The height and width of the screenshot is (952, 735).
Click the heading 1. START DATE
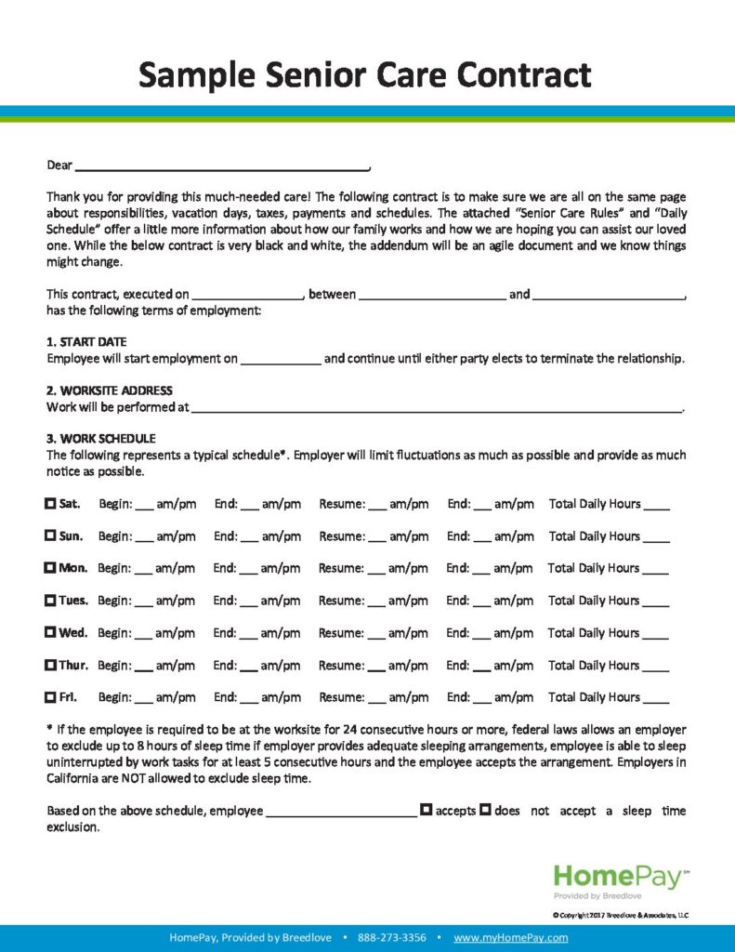tap(86, 342)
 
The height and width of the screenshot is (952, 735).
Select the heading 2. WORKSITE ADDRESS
tap(110, 390)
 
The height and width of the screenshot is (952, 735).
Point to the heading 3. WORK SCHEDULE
tap(101, 439)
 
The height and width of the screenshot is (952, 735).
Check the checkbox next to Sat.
tap(50, 504)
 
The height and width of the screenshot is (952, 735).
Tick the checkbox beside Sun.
tap(50, 536)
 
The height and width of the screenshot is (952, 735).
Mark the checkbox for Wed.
tap(50, 633)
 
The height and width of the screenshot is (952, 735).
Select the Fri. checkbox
tap(50, 697)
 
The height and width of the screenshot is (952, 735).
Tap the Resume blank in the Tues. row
tap(376, 602)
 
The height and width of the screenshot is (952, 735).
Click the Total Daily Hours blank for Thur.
tap(655, 667)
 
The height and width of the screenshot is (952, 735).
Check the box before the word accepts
tap(426, 810)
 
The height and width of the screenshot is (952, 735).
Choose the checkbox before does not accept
tap(485, 810)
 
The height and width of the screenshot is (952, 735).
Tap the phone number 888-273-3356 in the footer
tap(391, 938)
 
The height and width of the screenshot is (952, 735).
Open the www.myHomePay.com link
tap(510, 938)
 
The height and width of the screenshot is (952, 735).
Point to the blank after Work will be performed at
tap(437, 407)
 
